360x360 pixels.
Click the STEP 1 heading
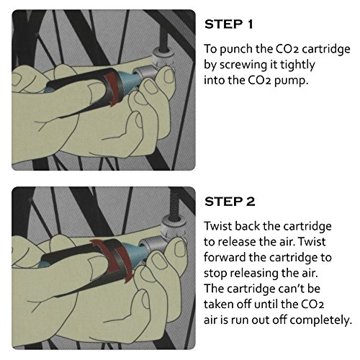tap(229, 24)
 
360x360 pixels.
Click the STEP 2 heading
tap(230, 202)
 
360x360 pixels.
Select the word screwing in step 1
tap(243, 66)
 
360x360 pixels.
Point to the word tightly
tap(297, 66)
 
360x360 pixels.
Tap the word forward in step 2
tap(225, 257)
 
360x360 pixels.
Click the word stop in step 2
tap(215, 273)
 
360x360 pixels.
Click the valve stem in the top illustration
tap(164, 40)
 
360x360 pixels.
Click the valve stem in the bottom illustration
tap(174, 206)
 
